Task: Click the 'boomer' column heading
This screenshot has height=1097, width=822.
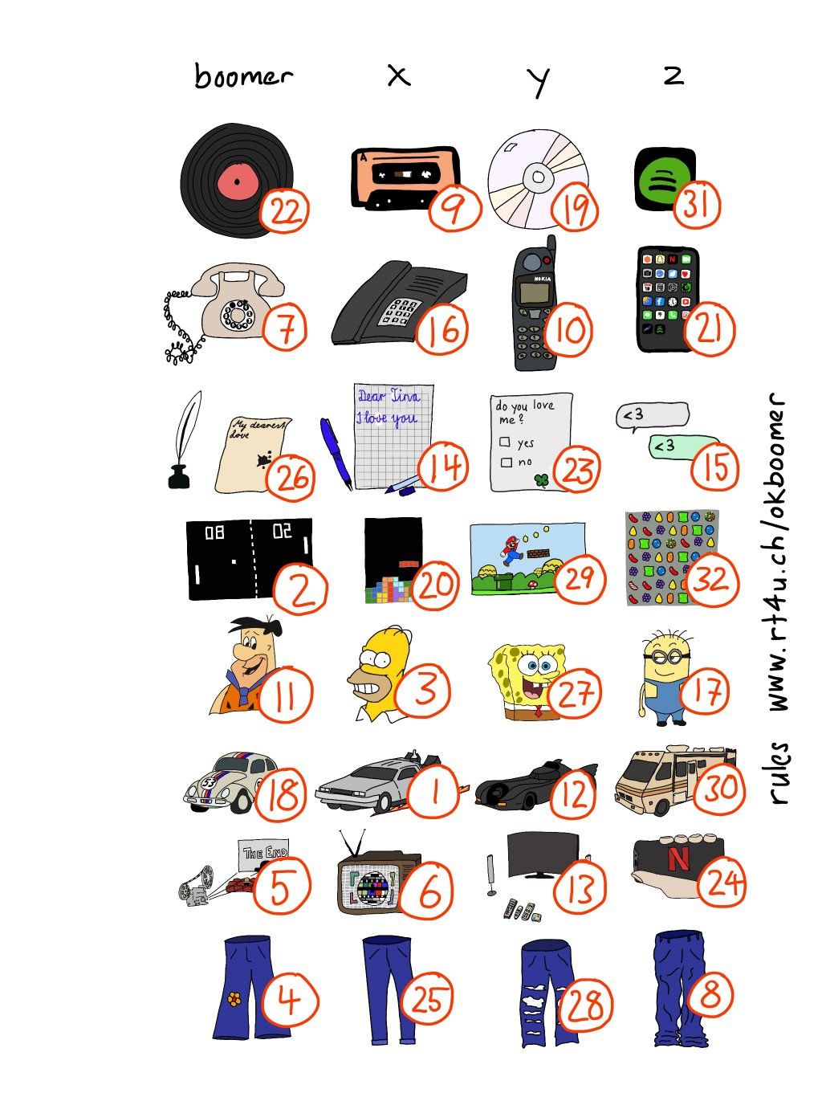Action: click(x=242, y=76)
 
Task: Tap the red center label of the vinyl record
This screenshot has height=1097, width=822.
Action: click(x=238, y=181)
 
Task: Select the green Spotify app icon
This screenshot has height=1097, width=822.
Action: click(x=664, y=179)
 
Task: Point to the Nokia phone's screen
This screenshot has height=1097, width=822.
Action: click(x=537, y=292)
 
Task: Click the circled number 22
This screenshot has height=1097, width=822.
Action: click(x=283, y=210)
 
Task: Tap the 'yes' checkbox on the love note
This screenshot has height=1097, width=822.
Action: click(x=506, y=442)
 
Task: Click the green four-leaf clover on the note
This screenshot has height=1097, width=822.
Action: click(x=541, y=479)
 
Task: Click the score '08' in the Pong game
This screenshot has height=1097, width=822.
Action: click(x=214, y=532)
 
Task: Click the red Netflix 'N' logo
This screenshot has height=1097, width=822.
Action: click(x=678, y=858)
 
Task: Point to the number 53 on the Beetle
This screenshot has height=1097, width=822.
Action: click(x=208, y=783)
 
